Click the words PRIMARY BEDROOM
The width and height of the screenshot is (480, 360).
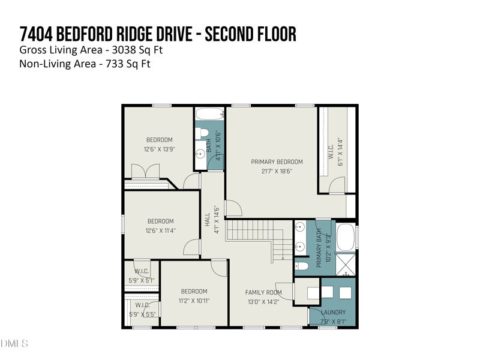coord(277,161)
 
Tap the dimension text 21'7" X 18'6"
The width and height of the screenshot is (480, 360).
coord(277,171)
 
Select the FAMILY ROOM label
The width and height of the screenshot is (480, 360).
coord(263,293)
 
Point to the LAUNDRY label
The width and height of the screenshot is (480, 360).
coord(333,313)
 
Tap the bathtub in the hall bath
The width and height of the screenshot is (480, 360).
coord(209,114)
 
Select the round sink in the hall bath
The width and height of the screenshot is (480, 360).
coord(200,154)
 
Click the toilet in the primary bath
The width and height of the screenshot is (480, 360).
coord(302,266)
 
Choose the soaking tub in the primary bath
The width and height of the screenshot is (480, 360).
coord(345,237)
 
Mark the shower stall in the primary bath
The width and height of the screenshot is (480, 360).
coord(345,265)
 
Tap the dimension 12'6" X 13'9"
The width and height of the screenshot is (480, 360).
coord(159,149)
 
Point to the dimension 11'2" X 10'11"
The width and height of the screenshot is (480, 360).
coord(194,301)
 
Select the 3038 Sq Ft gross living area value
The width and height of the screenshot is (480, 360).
coord(142,50)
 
